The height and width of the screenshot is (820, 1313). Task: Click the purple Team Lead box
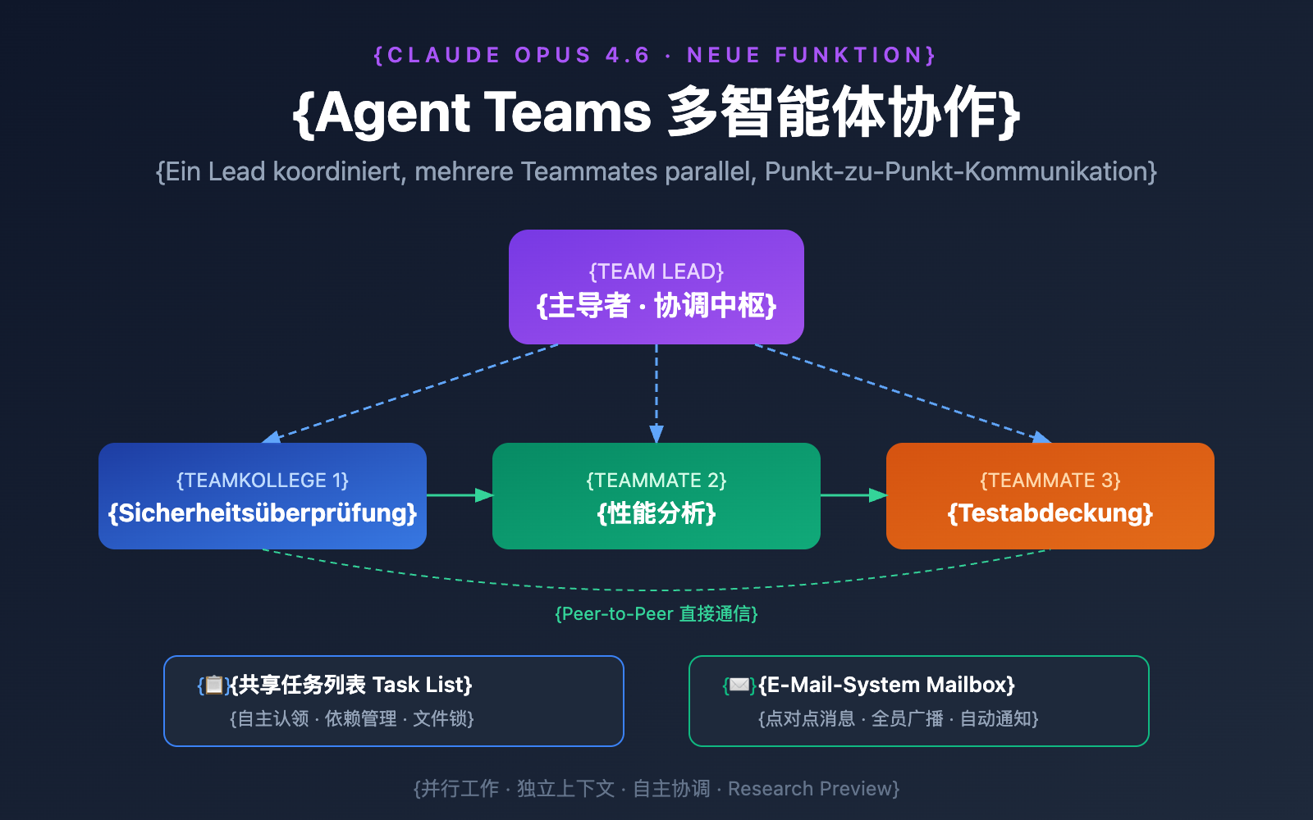656,287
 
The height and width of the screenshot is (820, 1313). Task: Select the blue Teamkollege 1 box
263,496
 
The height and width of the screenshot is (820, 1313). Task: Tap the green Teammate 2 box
656,496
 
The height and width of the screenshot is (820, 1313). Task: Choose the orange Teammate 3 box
1050,496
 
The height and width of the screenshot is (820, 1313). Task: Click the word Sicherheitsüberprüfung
263,513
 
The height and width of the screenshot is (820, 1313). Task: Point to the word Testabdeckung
1050,513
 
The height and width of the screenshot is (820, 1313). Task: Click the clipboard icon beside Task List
213,685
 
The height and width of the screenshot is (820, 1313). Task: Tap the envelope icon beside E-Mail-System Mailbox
739,685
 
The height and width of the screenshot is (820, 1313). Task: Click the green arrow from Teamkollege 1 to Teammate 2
460,495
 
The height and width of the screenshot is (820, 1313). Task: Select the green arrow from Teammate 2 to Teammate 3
853,495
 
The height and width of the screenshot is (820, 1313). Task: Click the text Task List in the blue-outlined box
421,685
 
